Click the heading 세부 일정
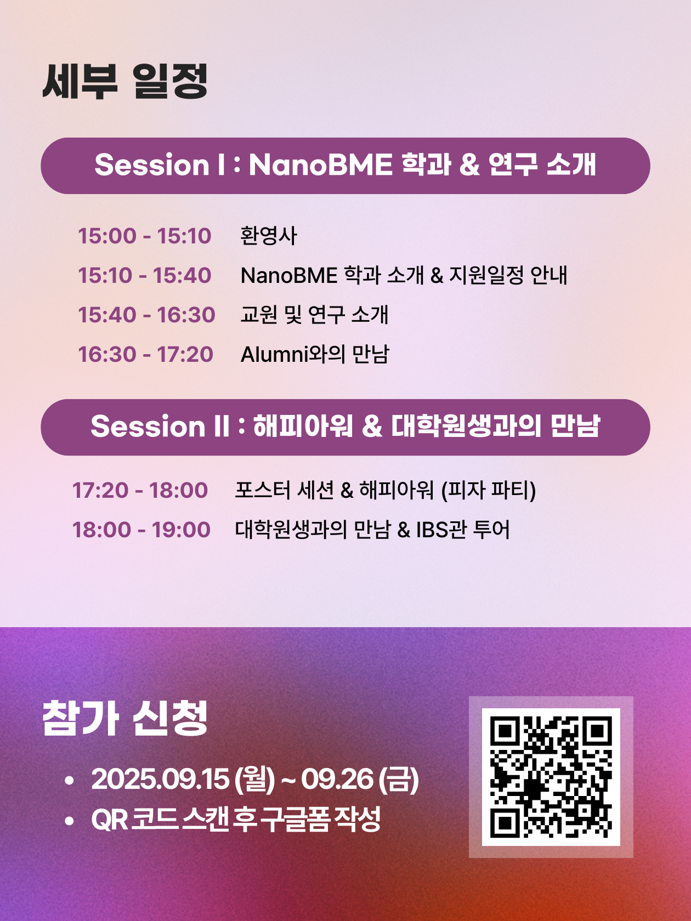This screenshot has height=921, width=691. tap(125, 81)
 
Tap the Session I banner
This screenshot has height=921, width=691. tap(346, 166)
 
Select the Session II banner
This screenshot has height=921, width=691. tap(346, 427)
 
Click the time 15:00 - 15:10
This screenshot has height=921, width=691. tap(145, 236)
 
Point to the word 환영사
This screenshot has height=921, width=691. tap(269, 235)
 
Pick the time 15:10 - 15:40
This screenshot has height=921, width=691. tap(145, 276)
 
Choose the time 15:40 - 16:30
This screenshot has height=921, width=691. tap(147, 315)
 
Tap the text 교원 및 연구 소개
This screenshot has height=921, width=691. tap(314, 315)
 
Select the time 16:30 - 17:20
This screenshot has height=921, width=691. tap(145, 355)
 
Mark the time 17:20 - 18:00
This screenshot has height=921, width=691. tap(140, 491)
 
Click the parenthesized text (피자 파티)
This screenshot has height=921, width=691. tap(488, 490)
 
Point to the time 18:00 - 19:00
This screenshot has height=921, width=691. tap(141, 530)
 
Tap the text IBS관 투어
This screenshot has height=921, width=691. tap(463, 530)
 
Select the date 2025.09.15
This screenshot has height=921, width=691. tap(160, 780)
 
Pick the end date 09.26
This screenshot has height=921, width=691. tap(337, 780)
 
